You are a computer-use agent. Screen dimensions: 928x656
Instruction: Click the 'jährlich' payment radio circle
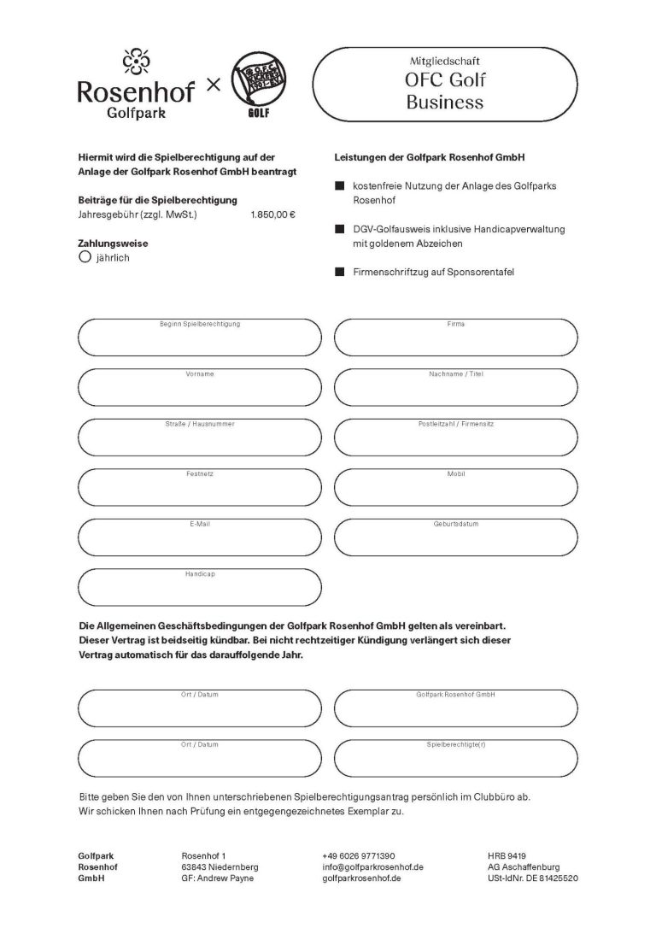tap(85, 255)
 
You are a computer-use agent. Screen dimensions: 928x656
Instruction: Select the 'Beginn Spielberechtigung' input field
tap(199, 338)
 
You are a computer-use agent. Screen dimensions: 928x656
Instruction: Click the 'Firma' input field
tap(455, 338)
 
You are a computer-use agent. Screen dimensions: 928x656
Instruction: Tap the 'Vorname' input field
tap(199, 388)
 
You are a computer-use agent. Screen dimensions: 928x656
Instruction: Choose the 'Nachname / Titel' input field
tap(455, 388)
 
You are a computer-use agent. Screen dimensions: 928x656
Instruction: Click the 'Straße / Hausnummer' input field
tap(199, 438)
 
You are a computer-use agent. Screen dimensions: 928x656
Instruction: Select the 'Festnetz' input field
tap(199, 487)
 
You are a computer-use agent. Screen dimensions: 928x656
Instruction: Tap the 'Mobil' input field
tap(455, 487)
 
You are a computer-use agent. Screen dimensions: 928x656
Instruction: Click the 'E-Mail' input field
tap(199, 537)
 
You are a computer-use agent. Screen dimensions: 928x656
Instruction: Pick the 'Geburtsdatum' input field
tap(455, 537)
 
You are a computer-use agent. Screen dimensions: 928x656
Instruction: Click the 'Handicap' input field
tap(199, 587)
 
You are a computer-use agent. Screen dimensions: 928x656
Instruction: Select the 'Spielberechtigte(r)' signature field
tap(455, 757)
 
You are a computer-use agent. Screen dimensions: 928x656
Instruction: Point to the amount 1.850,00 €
tap(272, 214)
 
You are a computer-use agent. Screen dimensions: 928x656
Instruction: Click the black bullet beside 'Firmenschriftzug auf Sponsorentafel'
tap(339, 272)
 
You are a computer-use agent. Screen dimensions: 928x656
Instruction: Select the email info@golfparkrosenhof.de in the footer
tap(373, 866)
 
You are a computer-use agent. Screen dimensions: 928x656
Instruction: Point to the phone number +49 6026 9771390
tap(359, 855)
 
